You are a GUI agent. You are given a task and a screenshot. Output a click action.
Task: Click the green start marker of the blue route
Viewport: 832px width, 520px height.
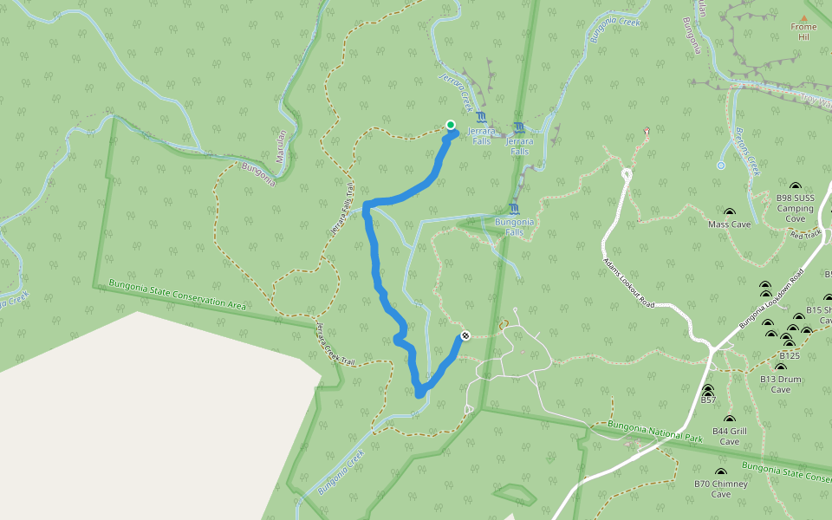[451, 125]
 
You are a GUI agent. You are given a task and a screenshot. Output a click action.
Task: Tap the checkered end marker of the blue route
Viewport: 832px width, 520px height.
[465, 335]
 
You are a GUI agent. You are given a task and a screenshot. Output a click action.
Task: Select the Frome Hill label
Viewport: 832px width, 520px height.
[803, 32]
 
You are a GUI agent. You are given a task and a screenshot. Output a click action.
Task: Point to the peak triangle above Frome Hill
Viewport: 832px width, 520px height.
[803, 17]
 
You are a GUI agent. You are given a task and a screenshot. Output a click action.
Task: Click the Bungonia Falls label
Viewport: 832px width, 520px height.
[514, 226]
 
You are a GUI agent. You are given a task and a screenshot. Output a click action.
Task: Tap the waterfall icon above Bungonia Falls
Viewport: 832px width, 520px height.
[515, 210]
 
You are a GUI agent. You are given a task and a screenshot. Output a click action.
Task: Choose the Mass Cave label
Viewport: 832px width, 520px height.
[729, 224]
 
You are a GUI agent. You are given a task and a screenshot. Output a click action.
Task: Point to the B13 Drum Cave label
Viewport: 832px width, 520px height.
[781, 384]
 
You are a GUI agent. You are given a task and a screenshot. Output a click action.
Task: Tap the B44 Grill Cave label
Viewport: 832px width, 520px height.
[729, 436]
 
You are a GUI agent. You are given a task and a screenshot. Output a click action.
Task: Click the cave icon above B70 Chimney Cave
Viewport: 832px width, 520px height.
[720, 472]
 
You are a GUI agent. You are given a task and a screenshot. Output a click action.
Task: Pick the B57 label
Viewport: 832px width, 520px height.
[708, 400]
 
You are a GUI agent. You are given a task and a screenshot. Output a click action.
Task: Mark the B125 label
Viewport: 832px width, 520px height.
[789, 355]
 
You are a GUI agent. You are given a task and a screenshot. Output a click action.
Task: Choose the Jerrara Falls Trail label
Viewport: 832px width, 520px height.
[341, 210]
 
